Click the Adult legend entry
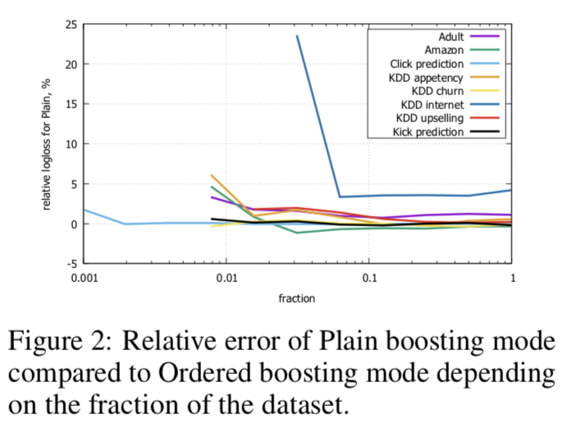[x=451, y=37]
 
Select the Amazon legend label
[x=445, y=50]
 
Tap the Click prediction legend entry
[x=427, y=64]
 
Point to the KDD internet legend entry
[x=433, y=104]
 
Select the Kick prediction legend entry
[x=429, y=131]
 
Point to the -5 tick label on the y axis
[x=71, y=264]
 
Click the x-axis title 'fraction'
[x=297, y=298]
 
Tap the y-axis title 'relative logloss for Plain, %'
[x=49, y=144]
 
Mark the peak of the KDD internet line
[x=297, y=35]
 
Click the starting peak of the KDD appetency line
[x=212, y=175]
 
